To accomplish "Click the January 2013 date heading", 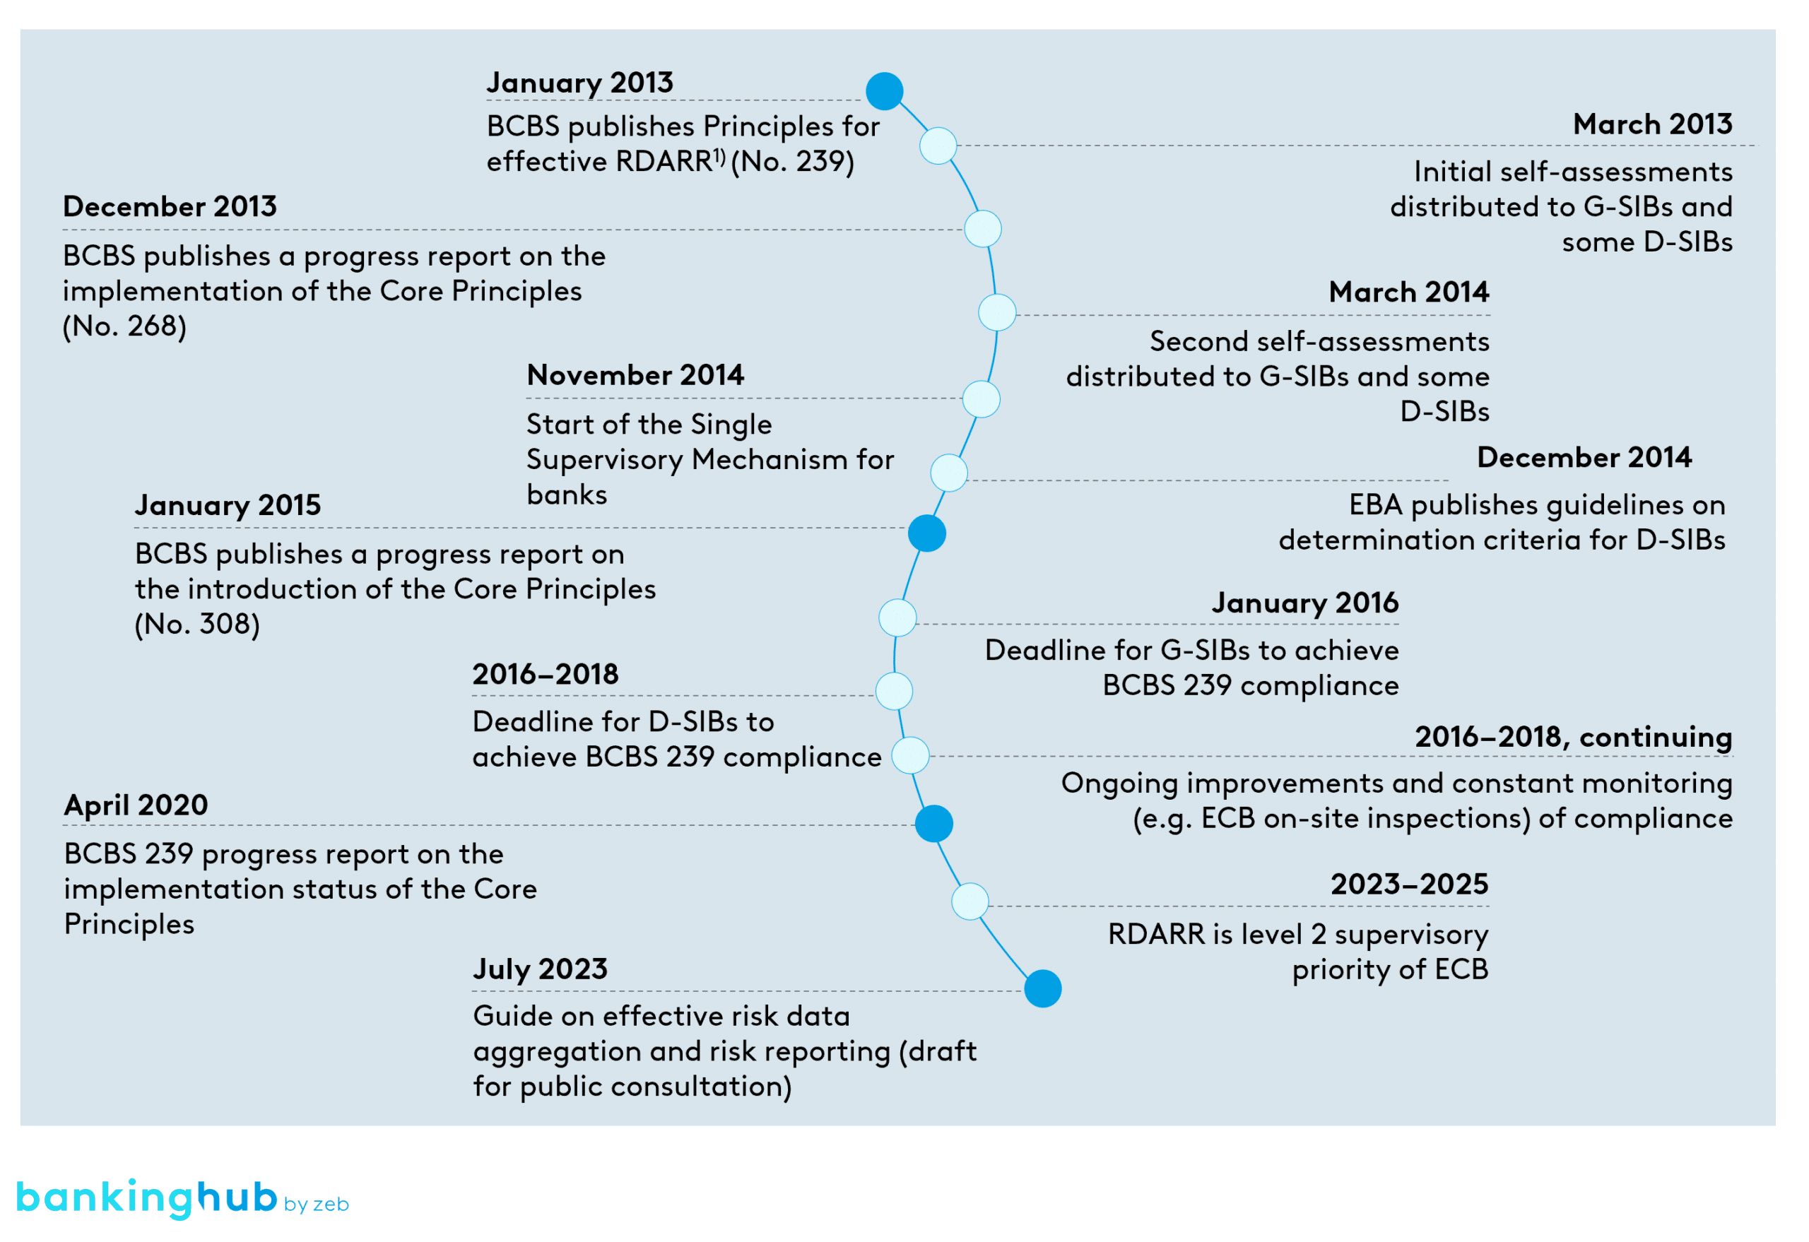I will point(579,83).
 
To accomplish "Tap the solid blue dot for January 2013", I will point(884,91).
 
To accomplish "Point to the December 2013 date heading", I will point(170,207).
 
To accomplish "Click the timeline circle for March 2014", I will point(996,313).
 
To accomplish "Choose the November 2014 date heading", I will point(635,375).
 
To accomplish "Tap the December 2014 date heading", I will point(1584,458).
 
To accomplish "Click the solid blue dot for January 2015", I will point(926,534).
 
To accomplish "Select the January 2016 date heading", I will point(1304,603).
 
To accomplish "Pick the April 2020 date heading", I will point(136,805).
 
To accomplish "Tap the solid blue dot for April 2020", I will point(933,823).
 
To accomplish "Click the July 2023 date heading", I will point(540,969).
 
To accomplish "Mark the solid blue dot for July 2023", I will point(1042,988).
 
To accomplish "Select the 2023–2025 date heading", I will point(1409,885).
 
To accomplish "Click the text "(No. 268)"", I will point(124,326).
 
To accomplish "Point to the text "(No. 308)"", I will point(197,624).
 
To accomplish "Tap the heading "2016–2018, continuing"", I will point(1572,737).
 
